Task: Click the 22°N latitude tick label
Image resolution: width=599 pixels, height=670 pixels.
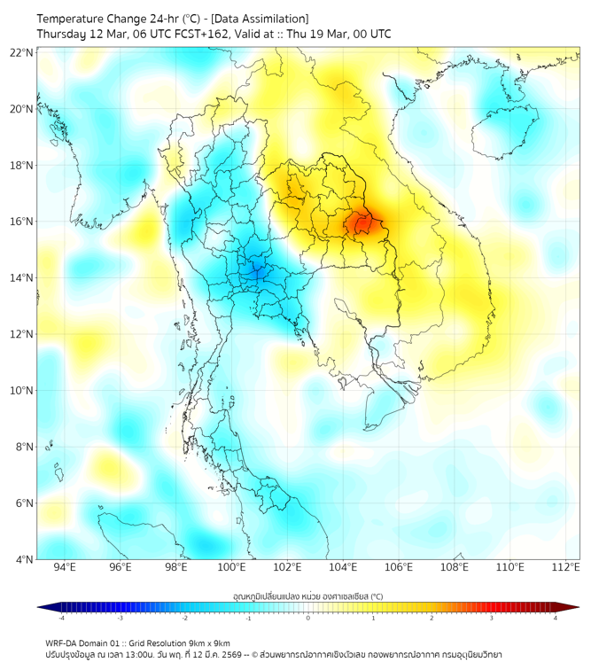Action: tap(22, 52)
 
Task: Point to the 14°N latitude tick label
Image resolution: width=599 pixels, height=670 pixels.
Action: tap(22, 278)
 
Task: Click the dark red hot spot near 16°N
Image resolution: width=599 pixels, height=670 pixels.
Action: tap(362, 223)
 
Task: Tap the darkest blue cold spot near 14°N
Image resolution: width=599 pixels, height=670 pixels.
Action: tap(256, 270)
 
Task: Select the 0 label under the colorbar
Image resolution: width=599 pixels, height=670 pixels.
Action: tap(307, 618)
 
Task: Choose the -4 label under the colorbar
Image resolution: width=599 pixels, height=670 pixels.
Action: tap(61, 618)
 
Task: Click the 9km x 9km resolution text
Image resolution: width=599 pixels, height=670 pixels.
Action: tap(205, 643)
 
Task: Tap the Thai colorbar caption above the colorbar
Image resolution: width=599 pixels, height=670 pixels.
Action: tap(307, 596)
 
